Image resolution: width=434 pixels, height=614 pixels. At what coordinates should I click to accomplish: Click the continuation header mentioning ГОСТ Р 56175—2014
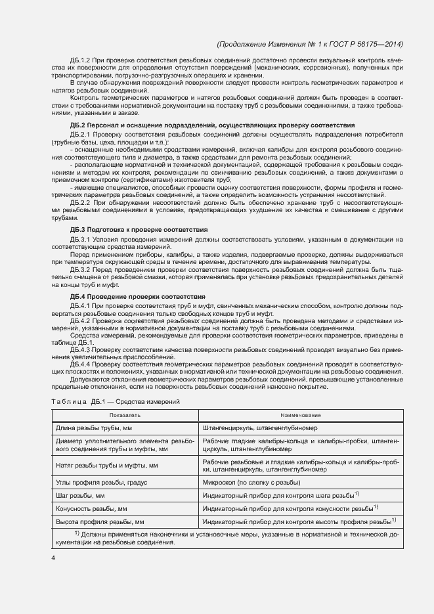[309, 44]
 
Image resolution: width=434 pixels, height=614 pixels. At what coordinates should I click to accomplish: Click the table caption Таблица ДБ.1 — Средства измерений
[114, 401]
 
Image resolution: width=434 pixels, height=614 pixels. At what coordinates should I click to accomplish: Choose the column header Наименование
[301, 415]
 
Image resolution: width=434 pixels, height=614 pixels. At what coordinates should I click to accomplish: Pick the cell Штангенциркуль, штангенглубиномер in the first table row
[260, 428]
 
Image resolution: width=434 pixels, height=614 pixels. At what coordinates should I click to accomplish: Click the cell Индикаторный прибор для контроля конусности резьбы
[288, 508]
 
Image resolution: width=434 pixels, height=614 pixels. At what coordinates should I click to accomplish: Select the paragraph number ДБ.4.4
[79, 364]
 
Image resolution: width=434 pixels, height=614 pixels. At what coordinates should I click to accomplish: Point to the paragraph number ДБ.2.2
[79, 204]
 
